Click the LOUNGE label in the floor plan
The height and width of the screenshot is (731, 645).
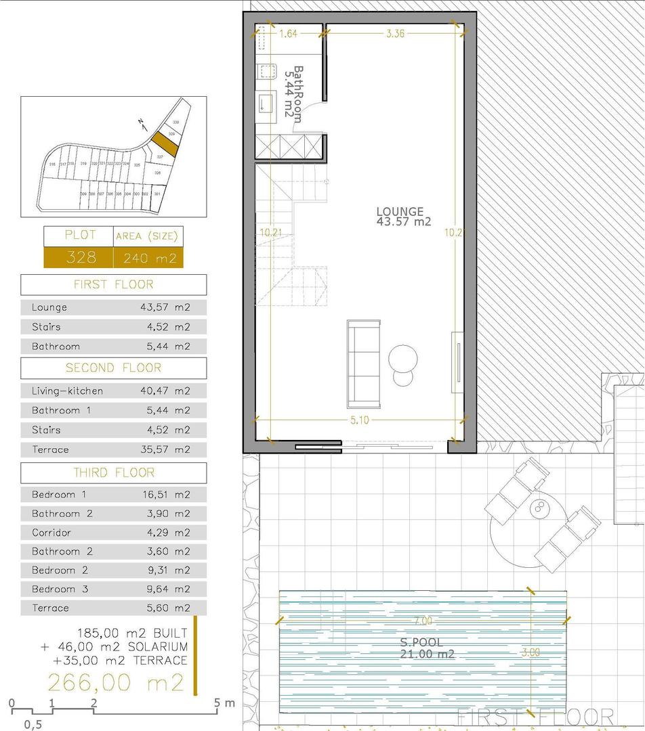400,212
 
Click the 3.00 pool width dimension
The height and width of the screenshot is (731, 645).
531,652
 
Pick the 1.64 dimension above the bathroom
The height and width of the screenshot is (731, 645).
288,33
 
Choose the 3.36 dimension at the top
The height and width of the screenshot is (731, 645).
395,33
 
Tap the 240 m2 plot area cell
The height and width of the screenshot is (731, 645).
148,257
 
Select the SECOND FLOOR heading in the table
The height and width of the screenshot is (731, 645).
113,368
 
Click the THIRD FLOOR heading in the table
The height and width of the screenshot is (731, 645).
113,472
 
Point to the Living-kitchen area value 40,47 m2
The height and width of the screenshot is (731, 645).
165,391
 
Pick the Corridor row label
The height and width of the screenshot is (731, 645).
51,533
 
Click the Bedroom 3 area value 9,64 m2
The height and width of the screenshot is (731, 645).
165,589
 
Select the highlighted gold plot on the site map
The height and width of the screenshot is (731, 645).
163,143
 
